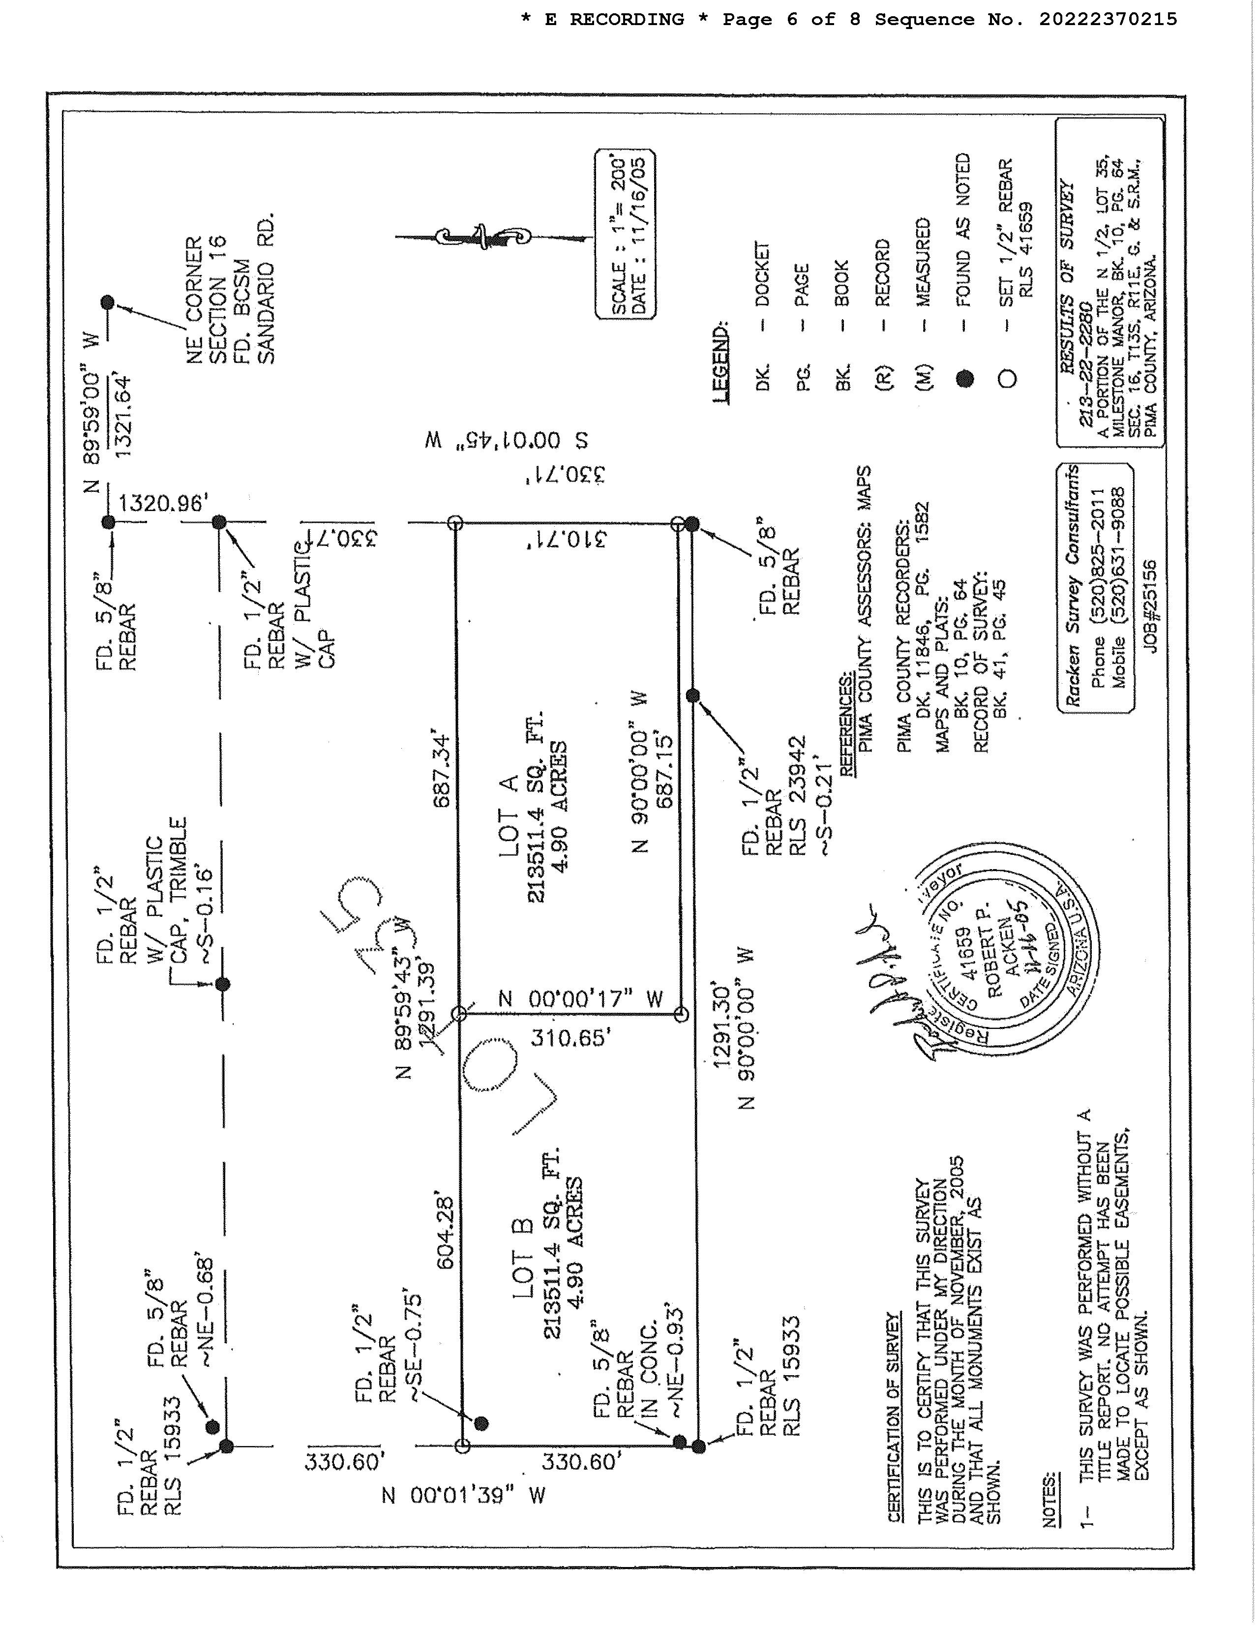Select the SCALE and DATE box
(625, 234)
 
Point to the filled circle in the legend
(965, 380)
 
